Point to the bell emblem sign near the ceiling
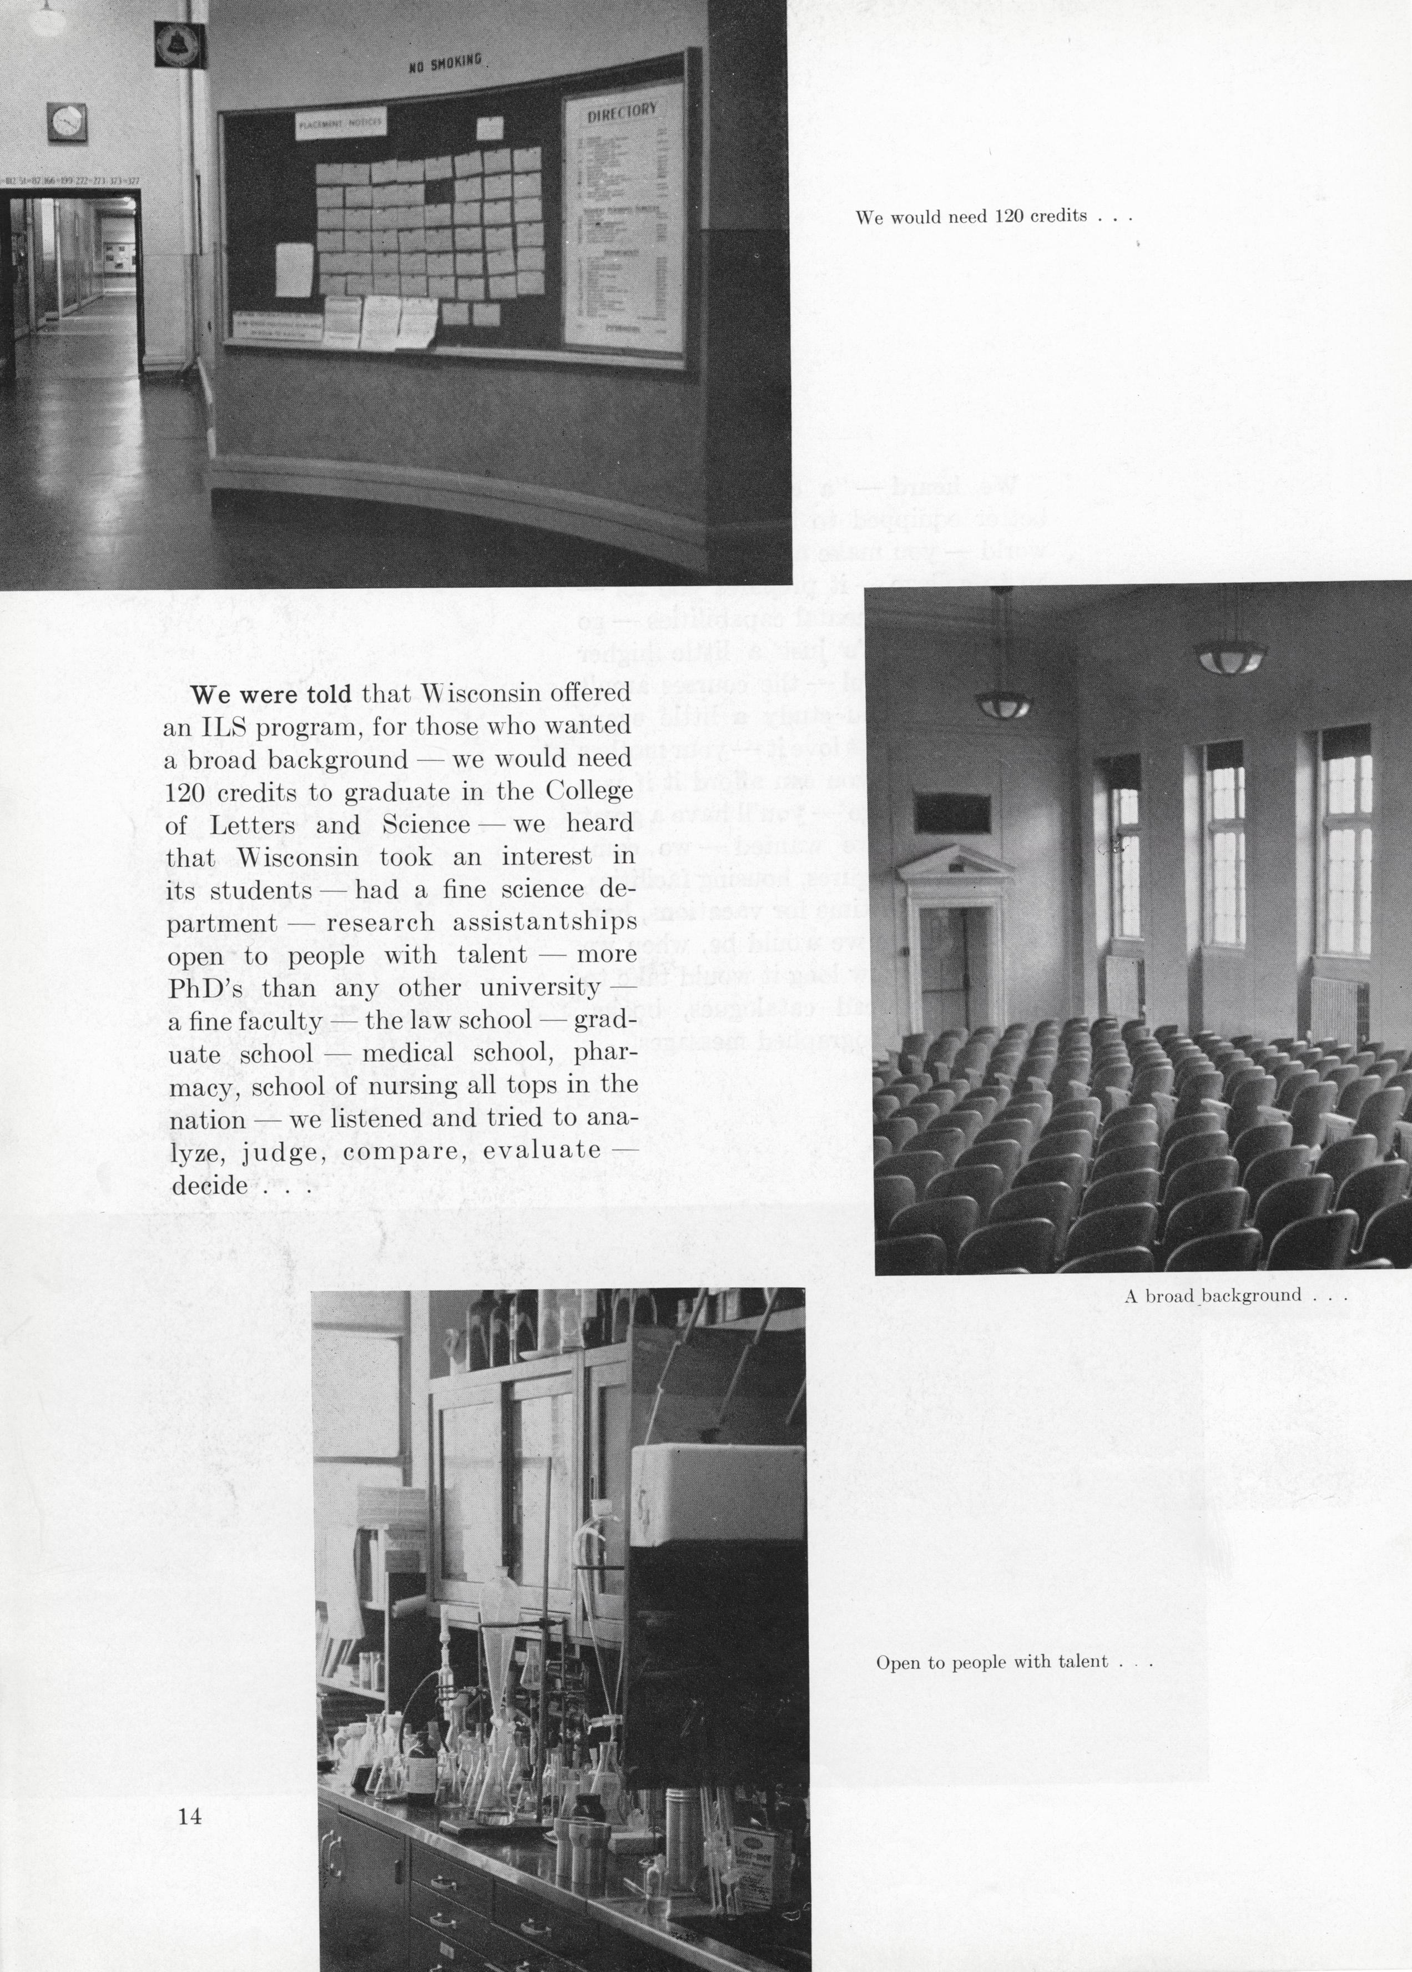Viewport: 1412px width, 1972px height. coord(180,44)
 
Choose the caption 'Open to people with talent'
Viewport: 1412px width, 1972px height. coord(1013,1662)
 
